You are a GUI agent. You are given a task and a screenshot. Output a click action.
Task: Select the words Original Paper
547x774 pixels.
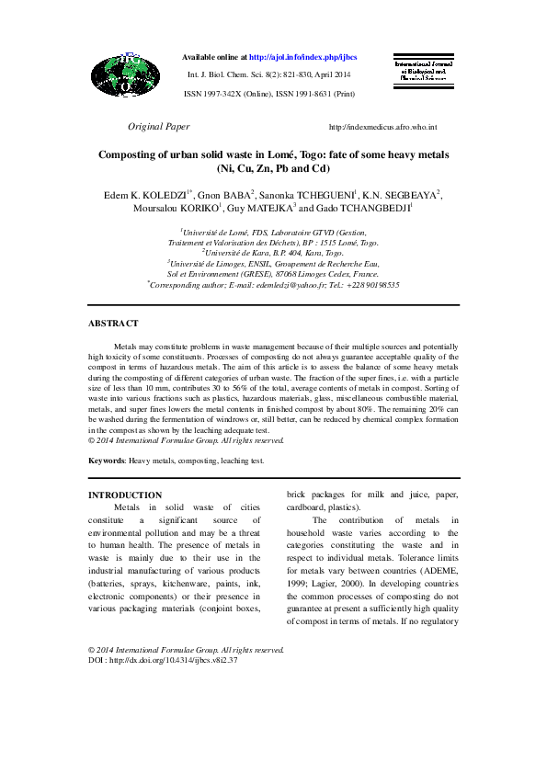158,126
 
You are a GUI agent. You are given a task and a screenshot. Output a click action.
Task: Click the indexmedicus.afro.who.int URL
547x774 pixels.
382,127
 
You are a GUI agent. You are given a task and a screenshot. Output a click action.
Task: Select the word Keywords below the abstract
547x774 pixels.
107,460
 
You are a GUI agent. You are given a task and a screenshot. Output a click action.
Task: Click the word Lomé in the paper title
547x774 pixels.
300,155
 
